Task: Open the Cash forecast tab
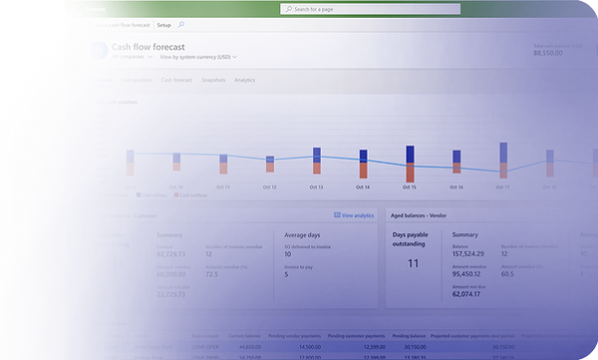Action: pos(176,80)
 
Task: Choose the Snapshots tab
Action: pos(212,80)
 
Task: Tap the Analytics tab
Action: pos(244,80)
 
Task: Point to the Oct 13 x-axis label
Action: pos(316,186)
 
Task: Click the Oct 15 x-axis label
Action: pos(410,186)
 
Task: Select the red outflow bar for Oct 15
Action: pos(410,172)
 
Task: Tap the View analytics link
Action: pos(354,215)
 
